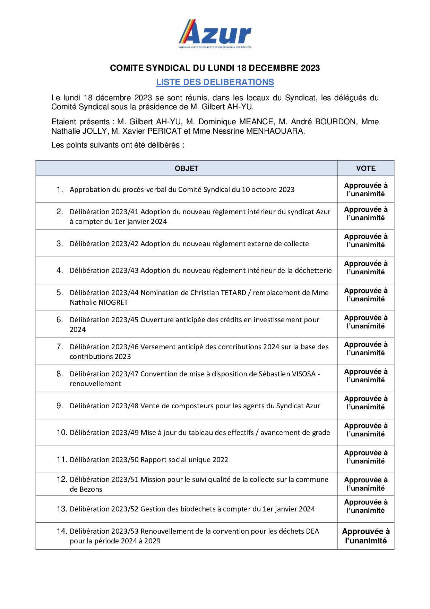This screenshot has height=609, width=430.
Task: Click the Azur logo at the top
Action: coord(215,34)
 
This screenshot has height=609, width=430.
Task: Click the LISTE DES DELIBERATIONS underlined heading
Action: coord(215,82)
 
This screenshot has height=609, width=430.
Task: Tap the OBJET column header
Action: coord(186,168)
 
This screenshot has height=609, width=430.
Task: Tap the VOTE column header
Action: coord(365,168)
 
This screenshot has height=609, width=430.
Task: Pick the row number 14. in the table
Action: coord(62,531)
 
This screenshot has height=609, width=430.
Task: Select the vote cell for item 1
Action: coord(365,190)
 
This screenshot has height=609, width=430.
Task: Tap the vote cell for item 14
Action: coord(365,536)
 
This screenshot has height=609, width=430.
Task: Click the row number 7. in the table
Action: coord(60,347)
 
